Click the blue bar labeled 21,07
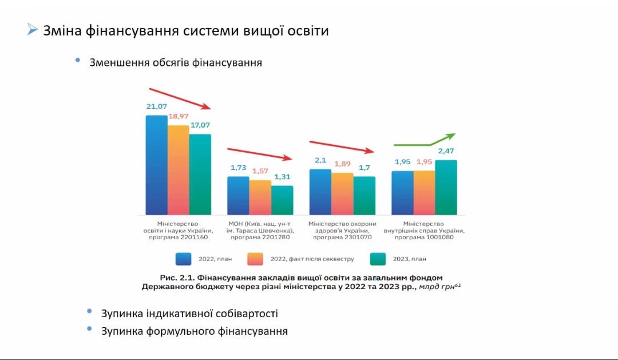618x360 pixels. (156, 165)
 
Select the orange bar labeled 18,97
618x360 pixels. (178, 169)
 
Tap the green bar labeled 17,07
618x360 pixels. (200, 174)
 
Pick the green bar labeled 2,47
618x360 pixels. (446, 187)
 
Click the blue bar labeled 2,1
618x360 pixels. (320, 192)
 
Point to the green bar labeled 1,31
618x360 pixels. (282, 200)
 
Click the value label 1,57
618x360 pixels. (260, 171)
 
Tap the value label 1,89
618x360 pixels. (342, 164)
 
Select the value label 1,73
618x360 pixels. (238, 167)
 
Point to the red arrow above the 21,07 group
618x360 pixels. (180, 98)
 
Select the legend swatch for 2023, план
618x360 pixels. (379, 259)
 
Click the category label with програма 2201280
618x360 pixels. (260, 231)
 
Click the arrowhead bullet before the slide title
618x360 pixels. (32, 30)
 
